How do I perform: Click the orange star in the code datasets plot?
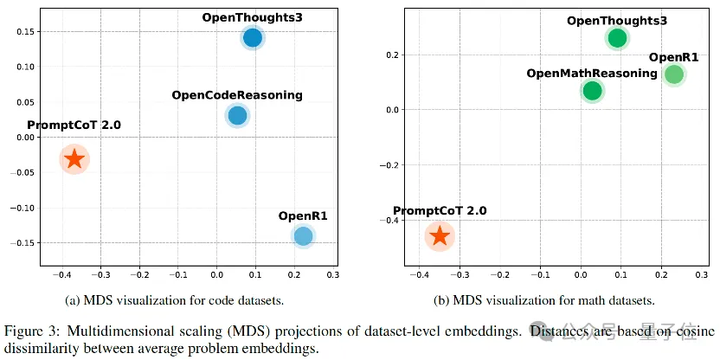[x=74, y=158]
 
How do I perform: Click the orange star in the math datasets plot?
[x=440, y=235]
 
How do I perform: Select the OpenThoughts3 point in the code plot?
[x=253, y=37]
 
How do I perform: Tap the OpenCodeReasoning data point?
[x=237, y=115]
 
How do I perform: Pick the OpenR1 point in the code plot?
[x=303, y=235]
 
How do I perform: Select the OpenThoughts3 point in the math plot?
[x=617, y=38]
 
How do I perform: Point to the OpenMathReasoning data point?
[x=592, y=91]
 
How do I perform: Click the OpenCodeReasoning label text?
[x=237, y=95]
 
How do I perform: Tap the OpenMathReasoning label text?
[x=592, y=74]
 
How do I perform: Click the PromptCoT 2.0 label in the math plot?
[x=440, y=211]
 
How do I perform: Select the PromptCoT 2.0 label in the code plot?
[x=74, y=125]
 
